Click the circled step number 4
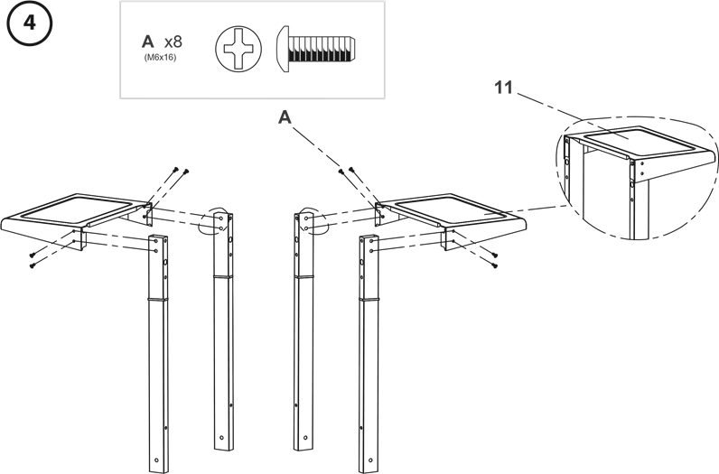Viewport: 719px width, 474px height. click(30, 23)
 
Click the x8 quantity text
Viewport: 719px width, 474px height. click(173, 42)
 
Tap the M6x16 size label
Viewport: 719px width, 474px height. click(160, 58)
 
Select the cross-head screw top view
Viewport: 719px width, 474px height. click(238, 48)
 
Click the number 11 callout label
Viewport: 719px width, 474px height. click(504, 87)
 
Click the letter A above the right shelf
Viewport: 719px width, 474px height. click(285, 117)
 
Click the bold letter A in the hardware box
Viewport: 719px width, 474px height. click(147, 42)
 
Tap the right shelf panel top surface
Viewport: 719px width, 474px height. click(454, 209)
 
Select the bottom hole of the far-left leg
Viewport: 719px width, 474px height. click(157, 460)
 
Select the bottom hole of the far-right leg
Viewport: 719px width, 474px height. click(370, 460)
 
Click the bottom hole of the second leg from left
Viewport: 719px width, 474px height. click(222, 437)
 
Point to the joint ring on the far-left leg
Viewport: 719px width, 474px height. click(158, 299)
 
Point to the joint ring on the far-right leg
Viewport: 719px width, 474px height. click(369, 299)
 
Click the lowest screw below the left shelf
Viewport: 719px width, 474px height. click(33, 265)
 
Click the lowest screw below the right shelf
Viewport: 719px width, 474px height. click(495, 265)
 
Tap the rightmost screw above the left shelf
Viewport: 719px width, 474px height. click(186, 172)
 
